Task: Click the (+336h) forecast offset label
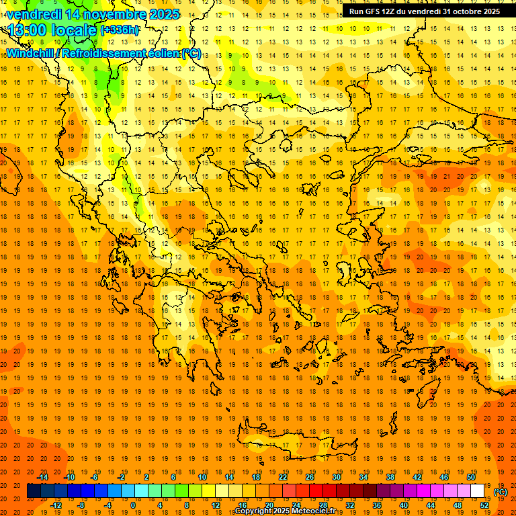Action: pos(120,30)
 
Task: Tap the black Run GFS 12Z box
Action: pos(424,11)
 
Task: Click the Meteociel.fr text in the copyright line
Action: pos(314,511)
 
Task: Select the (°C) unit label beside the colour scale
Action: pos(501,492)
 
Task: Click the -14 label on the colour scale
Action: pos(42,477)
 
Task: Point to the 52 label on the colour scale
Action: pos(484,505)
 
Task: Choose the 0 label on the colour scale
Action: pos(133,505)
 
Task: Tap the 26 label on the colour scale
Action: pos(310,477)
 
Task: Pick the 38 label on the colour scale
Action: pos(390,477)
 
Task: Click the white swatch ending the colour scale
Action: pos(478,491)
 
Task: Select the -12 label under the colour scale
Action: pos(56,505)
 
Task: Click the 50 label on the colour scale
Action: pos(471,477)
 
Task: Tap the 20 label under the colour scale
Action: pos(269,505)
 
